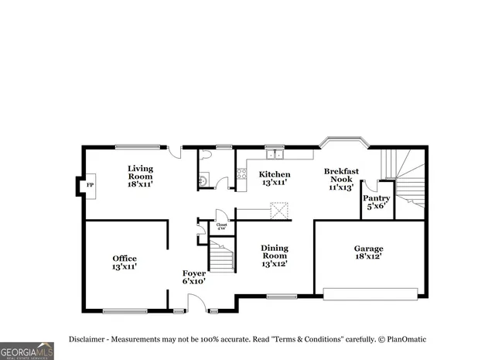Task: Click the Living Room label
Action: pos(140,176)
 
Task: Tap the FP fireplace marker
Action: pos(90,186)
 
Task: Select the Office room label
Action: pos(124,262)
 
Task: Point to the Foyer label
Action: pos(193,277)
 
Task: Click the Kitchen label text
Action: pos(275,178)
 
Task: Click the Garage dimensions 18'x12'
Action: pos(368,256)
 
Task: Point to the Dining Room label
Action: pos(274,256)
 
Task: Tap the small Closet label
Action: pos(221,227)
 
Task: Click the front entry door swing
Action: pos(196,304)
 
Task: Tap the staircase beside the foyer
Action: pos(221,256)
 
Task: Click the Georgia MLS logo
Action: pos(27,351)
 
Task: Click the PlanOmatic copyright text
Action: pos(401,340)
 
